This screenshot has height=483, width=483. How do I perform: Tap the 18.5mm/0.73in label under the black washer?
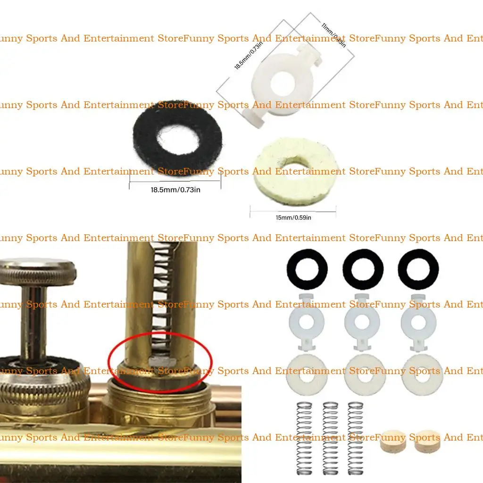click(x=175, y=190)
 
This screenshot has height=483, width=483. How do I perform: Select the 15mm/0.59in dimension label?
click(x=293, y=217)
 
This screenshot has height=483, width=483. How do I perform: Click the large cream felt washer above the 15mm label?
click(x=296, y=171)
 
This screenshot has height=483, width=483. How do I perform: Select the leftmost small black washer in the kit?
click(x=307, y=268)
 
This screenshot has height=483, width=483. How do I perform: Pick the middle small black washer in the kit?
click(x=363, y=268)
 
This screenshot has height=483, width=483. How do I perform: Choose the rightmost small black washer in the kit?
click(x=418, y=268)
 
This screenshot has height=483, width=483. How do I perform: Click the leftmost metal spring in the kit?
click(x=305, y=438)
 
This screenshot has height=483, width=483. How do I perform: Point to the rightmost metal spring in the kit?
click(x=355, y=438)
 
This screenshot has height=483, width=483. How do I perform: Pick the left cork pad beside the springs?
click(x=392, y=441)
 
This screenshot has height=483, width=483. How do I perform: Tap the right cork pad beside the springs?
click(x=426, y=441)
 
